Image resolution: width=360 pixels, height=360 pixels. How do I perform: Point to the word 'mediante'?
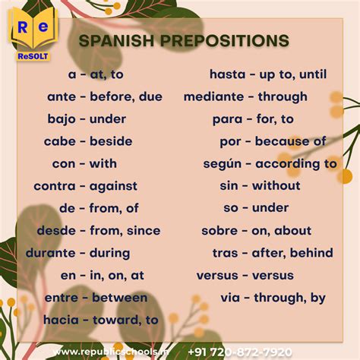[x=213, y=96]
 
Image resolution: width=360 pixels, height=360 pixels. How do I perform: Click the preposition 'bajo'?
[x=62, y=118]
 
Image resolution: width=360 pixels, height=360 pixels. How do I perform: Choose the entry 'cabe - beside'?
[x=88, y=141]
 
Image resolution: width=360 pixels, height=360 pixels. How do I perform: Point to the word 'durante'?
[x=54, y=253]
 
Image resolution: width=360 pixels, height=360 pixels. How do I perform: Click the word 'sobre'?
[x=219, y=230]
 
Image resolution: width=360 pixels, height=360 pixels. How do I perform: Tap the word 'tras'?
[x=225, y=253]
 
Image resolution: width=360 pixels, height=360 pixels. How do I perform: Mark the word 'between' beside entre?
[x=118, y=298]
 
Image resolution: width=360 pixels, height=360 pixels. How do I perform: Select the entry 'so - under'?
[x=256, y=207]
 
